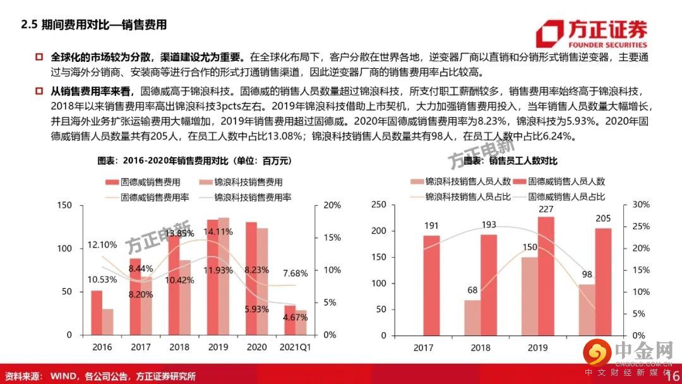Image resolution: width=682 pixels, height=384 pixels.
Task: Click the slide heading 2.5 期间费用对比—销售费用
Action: pyautogui.click(x=94, y=25)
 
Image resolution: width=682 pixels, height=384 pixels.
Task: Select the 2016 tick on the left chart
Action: pyautogui.click(x=102, y=347)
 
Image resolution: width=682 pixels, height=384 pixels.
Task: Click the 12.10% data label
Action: pyautogui.click(x=102, y=244)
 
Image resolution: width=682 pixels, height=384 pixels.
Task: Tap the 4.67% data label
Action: pyautogui.click(x=295, y=317)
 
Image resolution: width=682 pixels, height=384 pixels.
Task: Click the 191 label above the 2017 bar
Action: pyautogui.click(x=431, y=225)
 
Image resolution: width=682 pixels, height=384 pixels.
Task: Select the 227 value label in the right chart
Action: pyautogui.click(x=546, y=210)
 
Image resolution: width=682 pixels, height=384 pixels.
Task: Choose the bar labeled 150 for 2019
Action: pyautogui.click(x=529, y=296)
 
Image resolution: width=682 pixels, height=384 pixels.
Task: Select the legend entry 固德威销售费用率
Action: pyautogui.click(x=146, y=197)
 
